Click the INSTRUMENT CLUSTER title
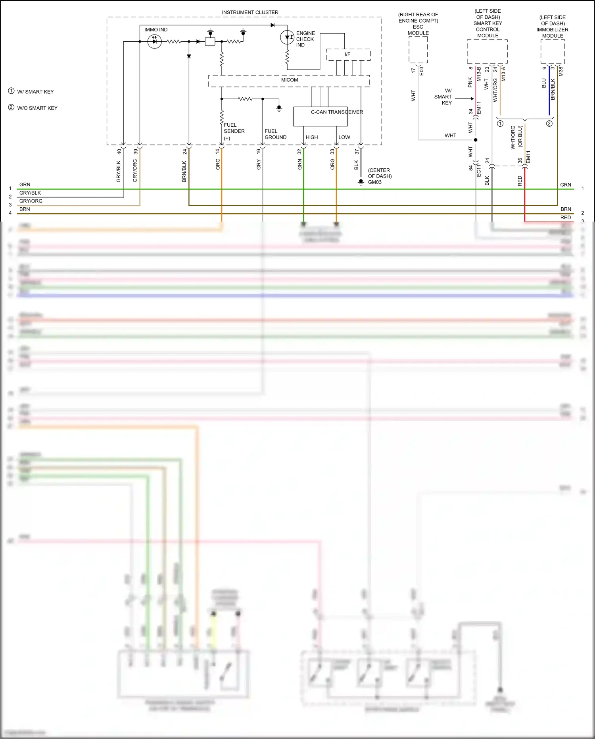click(250, 12)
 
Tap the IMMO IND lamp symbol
click(154, 41)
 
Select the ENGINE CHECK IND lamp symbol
click(287, 37)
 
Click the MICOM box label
click(289, 80)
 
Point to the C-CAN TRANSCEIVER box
click(321, 116)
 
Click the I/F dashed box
click(348, 54)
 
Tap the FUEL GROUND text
click(275, 134)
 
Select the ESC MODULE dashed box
click(418, 50)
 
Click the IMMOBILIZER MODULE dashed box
click(553, 51)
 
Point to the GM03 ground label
click(374, 182)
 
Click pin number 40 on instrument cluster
click(119, 152)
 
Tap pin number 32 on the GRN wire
click(299, 152)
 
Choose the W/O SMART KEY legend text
click(37, 108)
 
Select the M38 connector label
click(560, 71)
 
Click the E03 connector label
click(421, 71)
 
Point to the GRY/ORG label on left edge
click(31, 201)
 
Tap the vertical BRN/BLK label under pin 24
click(184, 171)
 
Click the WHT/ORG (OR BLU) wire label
click(516, 137)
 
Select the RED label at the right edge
click(566, 218)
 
